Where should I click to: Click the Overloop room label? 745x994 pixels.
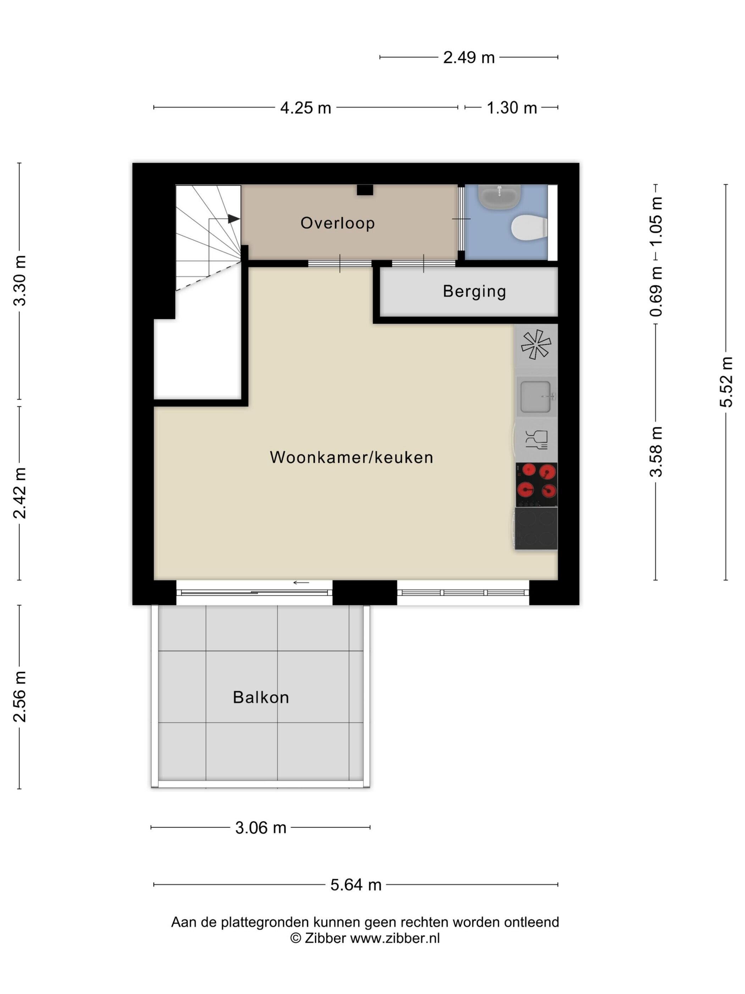[x=337, y=223]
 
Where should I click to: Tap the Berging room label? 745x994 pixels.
[x=474, y=291]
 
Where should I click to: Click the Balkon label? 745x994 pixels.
[x=260, y=697]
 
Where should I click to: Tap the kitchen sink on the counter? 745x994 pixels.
[x=536, y=396]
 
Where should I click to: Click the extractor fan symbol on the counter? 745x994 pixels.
[x=536, y=345]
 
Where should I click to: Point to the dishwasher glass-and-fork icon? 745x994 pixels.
[x=537, y=439]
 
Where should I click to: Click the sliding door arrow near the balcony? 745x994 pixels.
[x=301, y=583]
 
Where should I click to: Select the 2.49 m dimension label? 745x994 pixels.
[x=469, y=58]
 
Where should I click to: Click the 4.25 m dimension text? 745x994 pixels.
[x=306, y=108]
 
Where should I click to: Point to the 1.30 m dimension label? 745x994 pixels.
[x=512, y=108]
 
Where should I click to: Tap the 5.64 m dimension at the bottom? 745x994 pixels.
[x=356, y=885]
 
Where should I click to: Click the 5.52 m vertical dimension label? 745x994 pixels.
[x=726, y=382]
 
